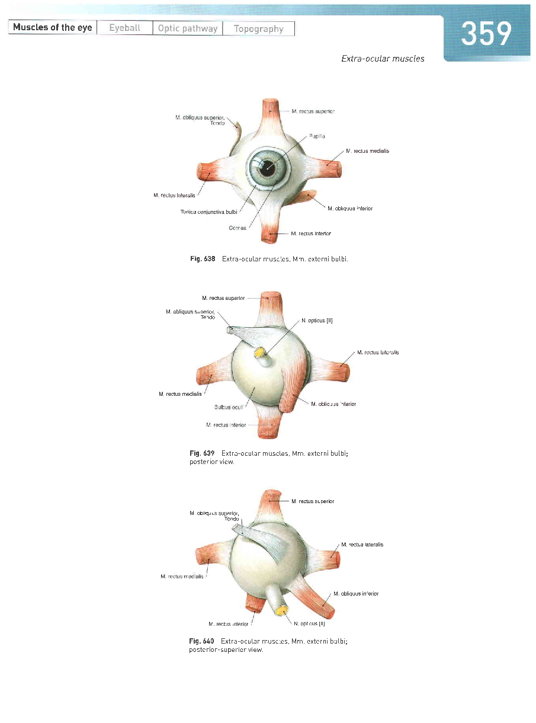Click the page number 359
pyautogui.click(x=486, y=34)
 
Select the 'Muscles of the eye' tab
pyautogui.click(x=52, y=28)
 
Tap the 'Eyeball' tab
pyautogui.click(x=124, y=28)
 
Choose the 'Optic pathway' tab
pyautogui.click(x=187, y=28)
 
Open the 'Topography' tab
pyautogui.click(x=258, y=28)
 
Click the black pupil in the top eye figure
pyautogui.click(x=269, y=167)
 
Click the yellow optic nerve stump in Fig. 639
pyautogui.click(x=259, y=353)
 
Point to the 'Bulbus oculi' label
pyautogui.click(x=229, y=407)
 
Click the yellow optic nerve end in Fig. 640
pyautogui.click(x=281, y=610)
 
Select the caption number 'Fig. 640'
pyautogui.click(x=201, y=641)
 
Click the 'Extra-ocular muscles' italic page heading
pyautogui.click(x=383, y=59)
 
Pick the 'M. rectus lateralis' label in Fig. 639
pyautogui.click(x=378, y=353)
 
